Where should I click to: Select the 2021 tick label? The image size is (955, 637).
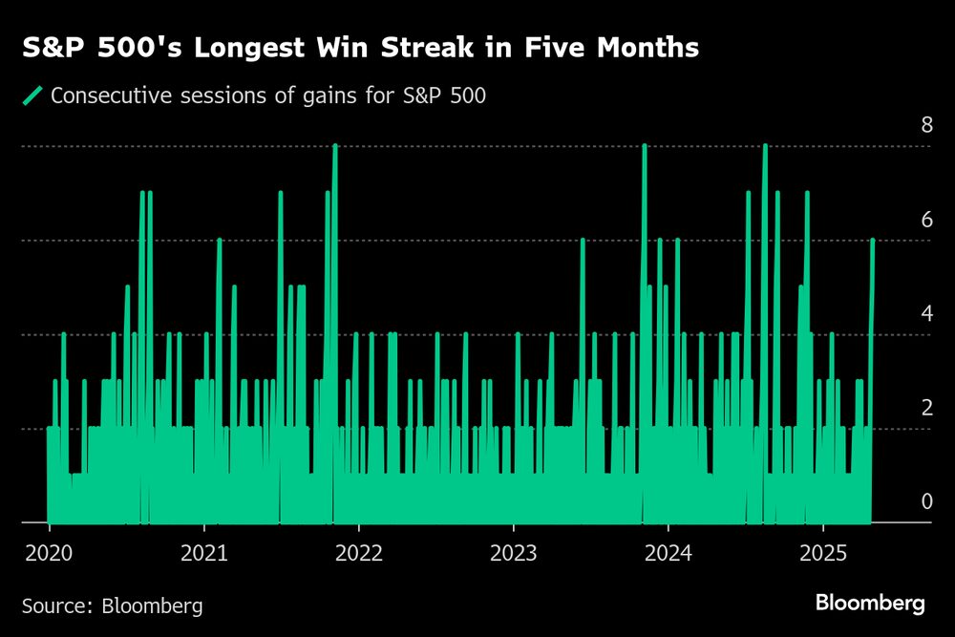(203, 554)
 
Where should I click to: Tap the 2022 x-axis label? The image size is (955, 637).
(358, 554)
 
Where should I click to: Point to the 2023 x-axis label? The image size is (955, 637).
(513, 554)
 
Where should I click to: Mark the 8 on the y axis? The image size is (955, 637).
(900, 126)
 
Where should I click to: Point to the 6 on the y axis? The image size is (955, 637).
(900, 220)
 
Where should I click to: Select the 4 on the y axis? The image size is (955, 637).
(900, 313)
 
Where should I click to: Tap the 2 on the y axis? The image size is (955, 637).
(900, 408)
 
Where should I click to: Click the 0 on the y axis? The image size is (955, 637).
(900, 501)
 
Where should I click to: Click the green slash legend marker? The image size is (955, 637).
(32, 96)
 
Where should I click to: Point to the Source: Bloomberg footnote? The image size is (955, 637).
(112, 605)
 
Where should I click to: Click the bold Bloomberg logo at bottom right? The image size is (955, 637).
(869, 604)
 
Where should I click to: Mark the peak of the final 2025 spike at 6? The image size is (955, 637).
(873, 241)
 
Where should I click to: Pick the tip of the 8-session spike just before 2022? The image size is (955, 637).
(334, 146)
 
